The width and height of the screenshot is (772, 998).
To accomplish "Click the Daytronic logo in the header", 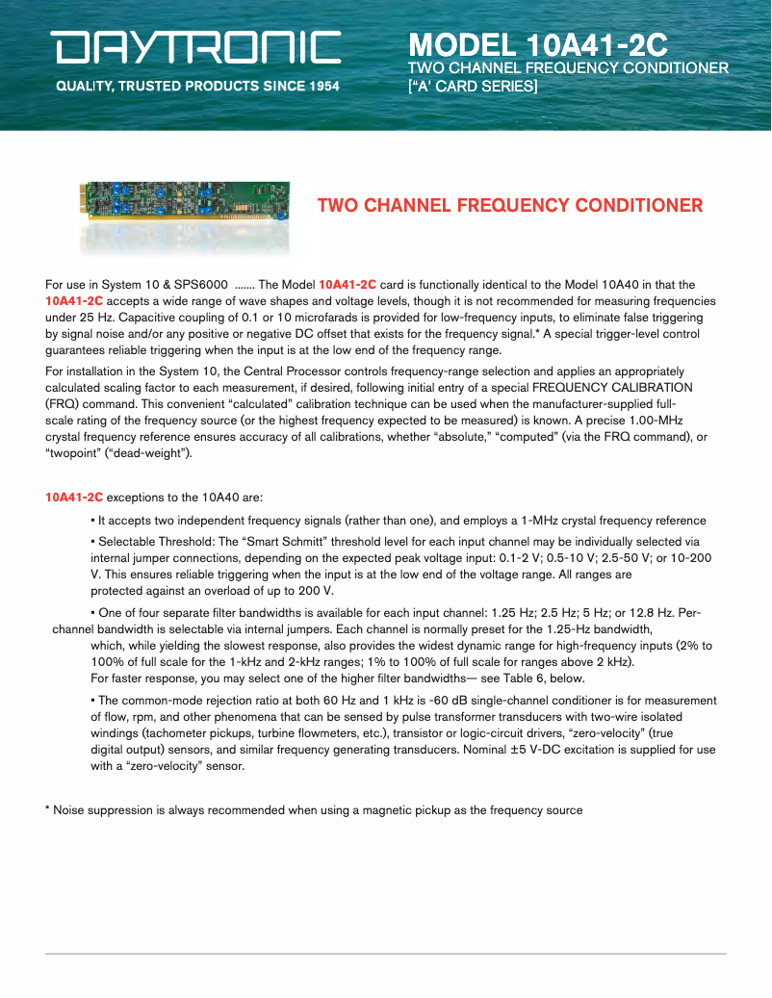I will point(197,48).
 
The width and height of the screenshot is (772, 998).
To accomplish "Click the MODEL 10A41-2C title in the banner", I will point(538,45).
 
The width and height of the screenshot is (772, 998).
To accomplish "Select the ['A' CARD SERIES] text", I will point(473,86).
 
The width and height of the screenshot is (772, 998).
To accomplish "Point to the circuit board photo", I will point(185,204).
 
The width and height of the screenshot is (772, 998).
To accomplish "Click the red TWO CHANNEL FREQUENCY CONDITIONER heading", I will point(509,205).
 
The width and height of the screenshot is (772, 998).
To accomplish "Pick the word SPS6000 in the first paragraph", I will point(199,285).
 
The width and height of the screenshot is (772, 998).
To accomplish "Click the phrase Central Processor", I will point(290,371).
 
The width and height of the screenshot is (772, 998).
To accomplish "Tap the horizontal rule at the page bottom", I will point(385,954).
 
